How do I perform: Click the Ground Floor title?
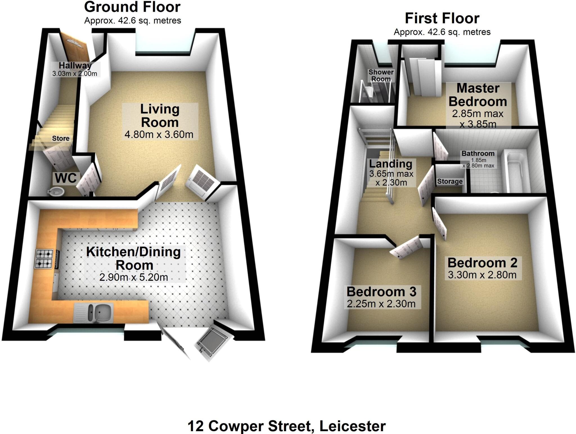pos(132,7)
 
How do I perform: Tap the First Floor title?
pos(442,19)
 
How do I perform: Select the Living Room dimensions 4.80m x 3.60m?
pos(159,135)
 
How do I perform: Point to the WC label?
pos(66,178)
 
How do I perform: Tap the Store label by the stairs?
pos(61,138)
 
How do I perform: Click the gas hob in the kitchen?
pos(44,259)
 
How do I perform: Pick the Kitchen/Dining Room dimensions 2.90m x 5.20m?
pos(134,277)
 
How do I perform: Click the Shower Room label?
pos(381,76)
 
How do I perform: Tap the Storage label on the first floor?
pos(450,181)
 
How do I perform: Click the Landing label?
pos(391,163)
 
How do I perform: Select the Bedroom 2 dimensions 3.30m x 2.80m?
pos(482,275)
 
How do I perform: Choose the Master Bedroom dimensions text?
pos(478,119)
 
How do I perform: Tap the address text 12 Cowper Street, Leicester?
pos(286,426)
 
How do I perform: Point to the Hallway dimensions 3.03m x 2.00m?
pos(75,74)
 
